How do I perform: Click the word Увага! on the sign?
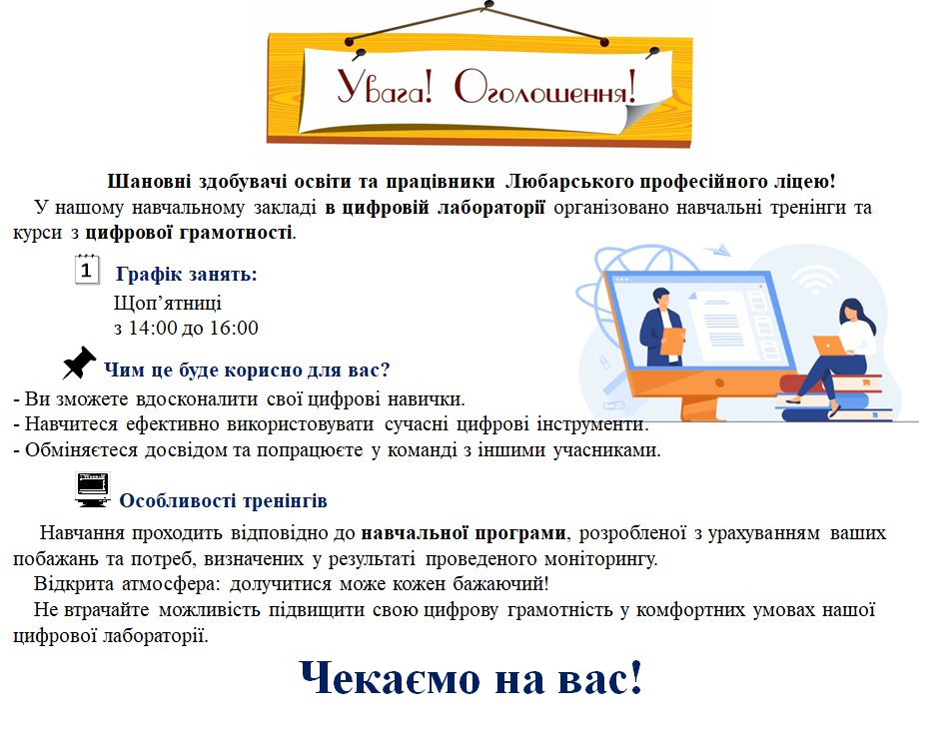pos(385,88)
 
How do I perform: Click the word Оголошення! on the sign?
pos(545,88)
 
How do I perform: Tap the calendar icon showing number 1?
pos(87,270)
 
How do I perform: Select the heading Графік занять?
pos(187,275)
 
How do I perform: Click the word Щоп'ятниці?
pos(168,303)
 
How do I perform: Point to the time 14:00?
pos(153,328)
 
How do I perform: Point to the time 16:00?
pos(234,328)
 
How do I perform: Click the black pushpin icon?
pos(79,363)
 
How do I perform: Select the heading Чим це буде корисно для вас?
pos(247,370)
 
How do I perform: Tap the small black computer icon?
pos(93,489)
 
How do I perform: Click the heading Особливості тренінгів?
pos(223,500)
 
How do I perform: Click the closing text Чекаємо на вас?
pos(470,678)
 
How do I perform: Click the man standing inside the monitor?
pos(661,327)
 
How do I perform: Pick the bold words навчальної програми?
pos(464,533)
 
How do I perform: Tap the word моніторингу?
pos(600,559)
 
